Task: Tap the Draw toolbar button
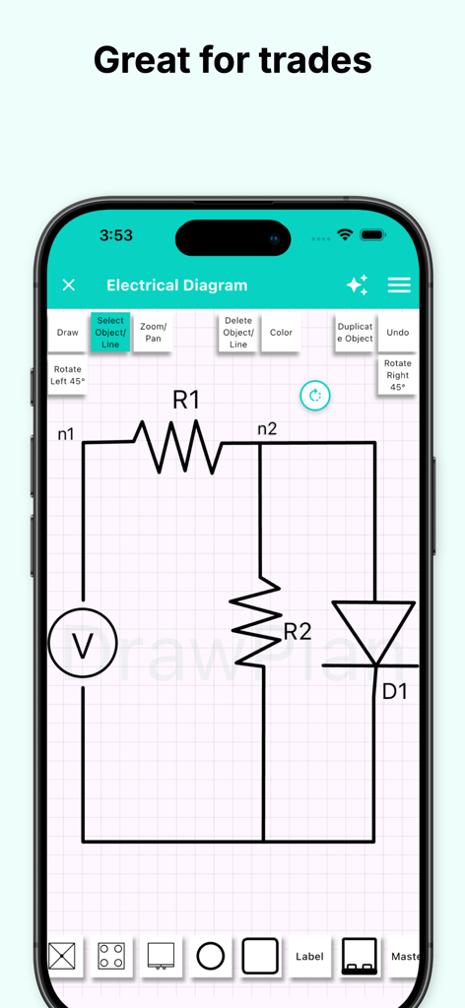tap(67, 333)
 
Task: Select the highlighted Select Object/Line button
tap(110, 333)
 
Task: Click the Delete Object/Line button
tap(238, 333)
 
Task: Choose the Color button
tap(281, 333)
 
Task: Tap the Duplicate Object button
tap(355, 333)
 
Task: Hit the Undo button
tap(397, 333)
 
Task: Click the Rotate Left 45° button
tap(68, 375)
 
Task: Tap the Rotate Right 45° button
tap(397, 375)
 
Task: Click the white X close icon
tap(69, 285)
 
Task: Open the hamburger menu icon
tap(398, 285)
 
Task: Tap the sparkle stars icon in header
tap(357, 285)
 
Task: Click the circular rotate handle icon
tap(315, 396)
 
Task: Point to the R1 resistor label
tap(186, 400)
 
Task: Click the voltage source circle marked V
tap(83, 644)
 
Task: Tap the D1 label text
tap(394, 692)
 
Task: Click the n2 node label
tap(267, 428)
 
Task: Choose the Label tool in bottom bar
tap(309, 956)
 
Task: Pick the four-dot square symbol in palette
tap(111, 956)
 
